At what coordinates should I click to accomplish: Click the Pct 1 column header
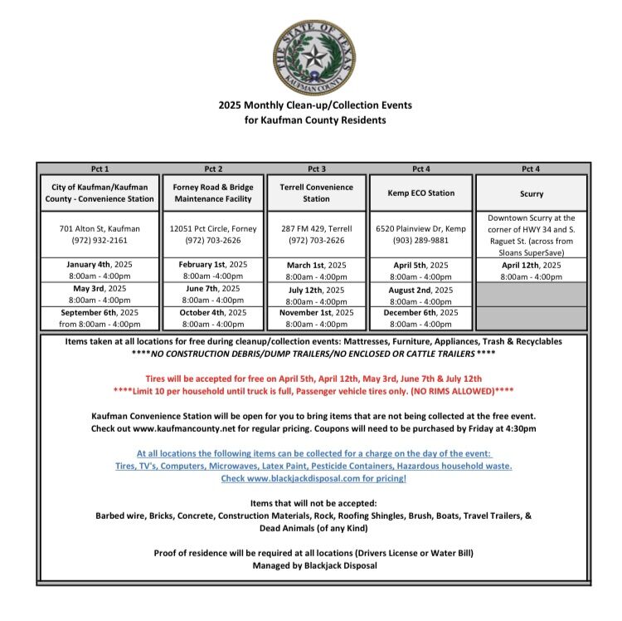click(x=100, y=169)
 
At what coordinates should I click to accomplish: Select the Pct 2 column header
click(x=213, y=169)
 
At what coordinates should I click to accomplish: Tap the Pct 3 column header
click(x=316, y=169)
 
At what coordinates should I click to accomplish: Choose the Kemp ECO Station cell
click(x=421, y=193)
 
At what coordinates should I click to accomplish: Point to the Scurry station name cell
click(x=532, y=193)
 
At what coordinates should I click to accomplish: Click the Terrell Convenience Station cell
click(x=316, y=193)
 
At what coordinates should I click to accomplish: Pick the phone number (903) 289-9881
click(x=421, y=240)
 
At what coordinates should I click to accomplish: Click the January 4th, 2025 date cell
click(x=100, y=270)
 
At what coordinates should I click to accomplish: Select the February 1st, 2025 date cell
click(x=213, y=270)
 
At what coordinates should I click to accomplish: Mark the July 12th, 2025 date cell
click(x=316, y=296)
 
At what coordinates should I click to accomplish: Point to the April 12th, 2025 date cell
click(x=532, y=270)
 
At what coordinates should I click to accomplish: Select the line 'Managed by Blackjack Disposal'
click(x=314, y=565)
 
